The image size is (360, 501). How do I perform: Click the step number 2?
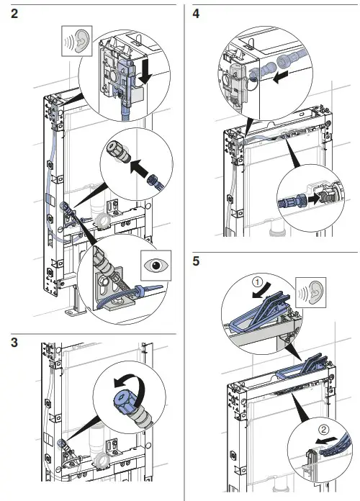point(14,14)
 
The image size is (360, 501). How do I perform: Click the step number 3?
point(14,343)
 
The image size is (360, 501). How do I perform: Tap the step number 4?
point(196,14)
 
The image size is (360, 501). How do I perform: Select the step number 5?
point(196,261)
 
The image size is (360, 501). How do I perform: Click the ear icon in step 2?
point(77,41)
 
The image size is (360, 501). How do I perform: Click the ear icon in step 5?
point(311,292)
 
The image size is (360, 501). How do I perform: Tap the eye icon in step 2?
point(156,265)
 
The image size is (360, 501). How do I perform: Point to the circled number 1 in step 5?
point(258,282)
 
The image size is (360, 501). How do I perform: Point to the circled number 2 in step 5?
point(323,430)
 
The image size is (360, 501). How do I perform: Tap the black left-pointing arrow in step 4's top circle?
point(280,77)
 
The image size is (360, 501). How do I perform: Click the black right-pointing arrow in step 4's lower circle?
point(314,199)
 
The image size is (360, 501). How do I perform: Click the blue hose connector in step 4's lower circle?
point(292,201)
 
